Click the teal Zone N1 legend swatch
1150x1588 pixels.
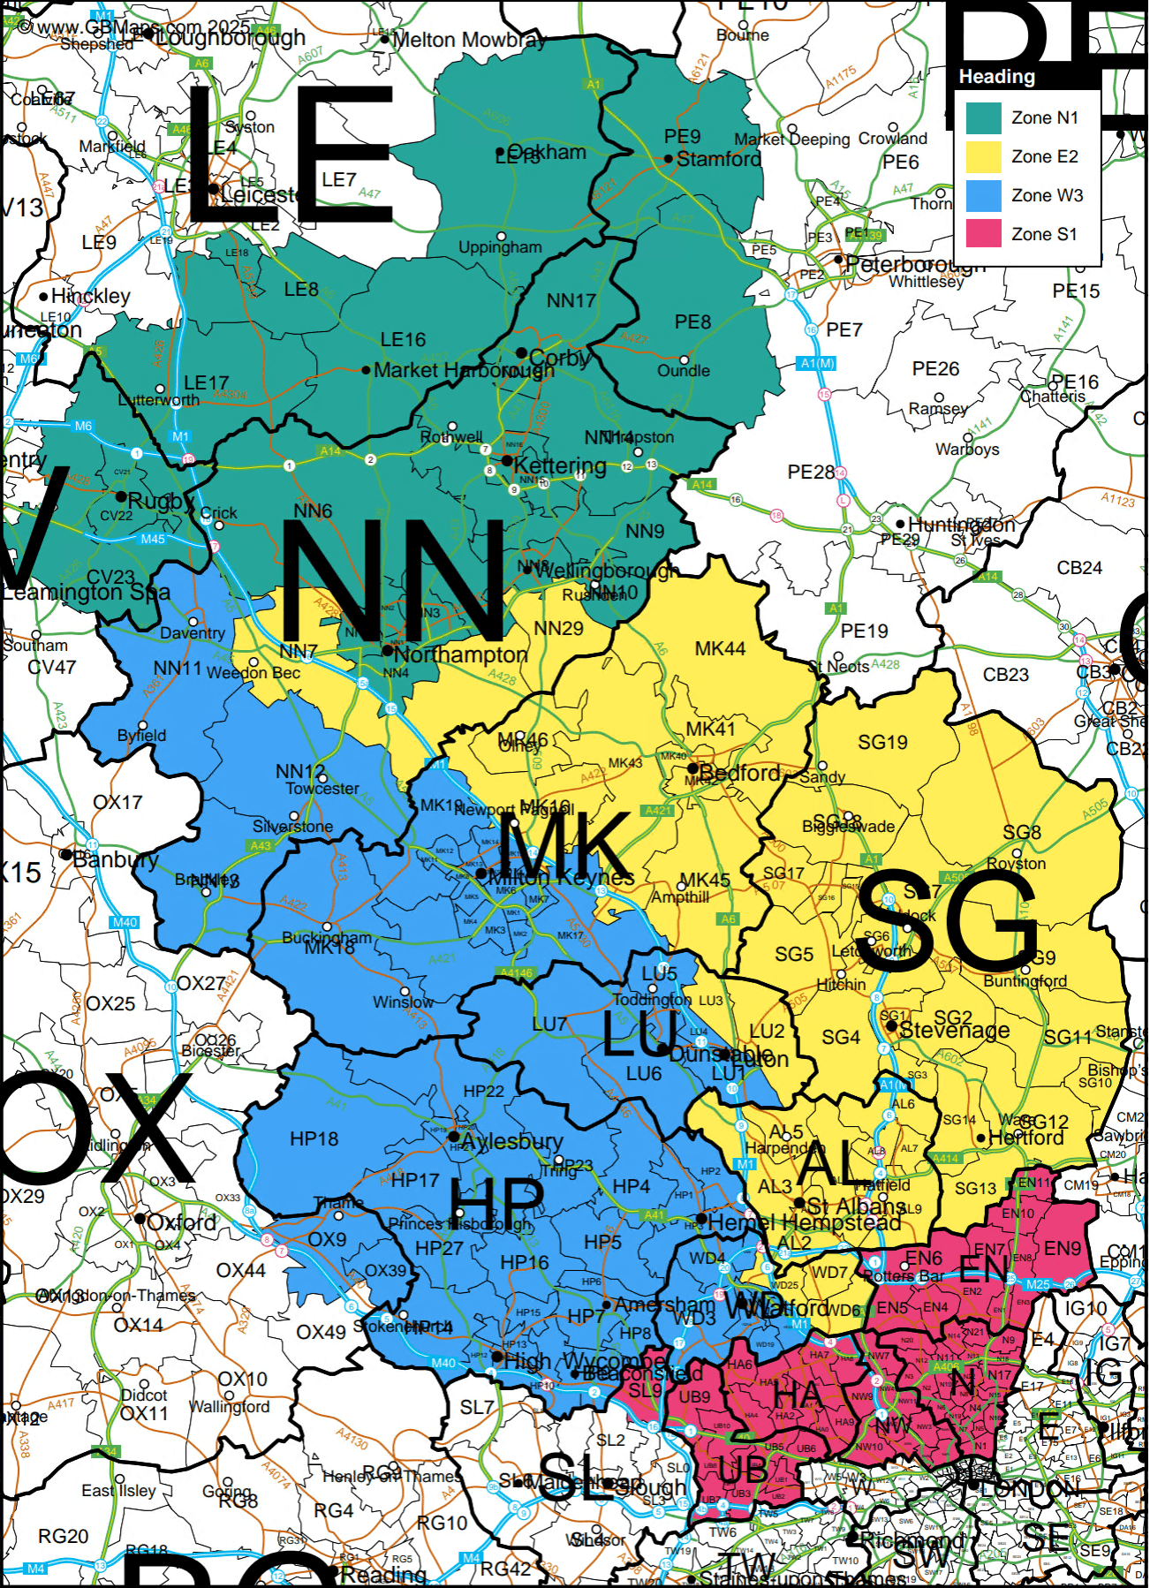click(983, 117)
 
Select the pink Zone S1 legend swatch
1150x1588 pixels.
click(983, 234)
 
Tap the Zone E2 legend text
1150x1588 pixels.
click(1045, 156)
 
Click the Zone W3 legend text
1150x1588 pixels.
click(1047, 195)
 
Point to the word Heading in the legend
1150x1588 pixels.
click(996, 77)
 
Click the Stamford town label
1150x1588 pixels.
click(718, 159)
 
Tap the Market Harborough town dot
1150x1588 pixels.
click(366, 370)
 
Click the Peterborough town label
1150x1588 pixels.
click(914, 264)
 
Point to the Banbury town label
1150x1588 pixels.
click(116, 858)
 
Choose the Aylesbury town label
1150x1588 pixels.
click(511, 1141)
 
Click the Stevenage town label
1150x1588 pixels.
click(954, 1030)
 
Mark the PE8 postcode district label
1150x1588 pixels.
click(692, 322)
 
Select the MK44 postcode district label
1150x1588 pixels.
click(720, 649)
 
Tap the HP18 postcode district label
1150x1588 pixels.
click(314, 1139)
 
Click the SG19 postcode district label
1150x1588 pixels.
click(882, 743)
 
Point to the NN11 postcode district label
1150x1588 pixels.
click(178, 668)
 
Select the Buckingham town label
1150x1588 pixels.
click(327, 937)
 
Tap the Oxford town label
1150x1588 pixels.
click(181, 1222)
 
